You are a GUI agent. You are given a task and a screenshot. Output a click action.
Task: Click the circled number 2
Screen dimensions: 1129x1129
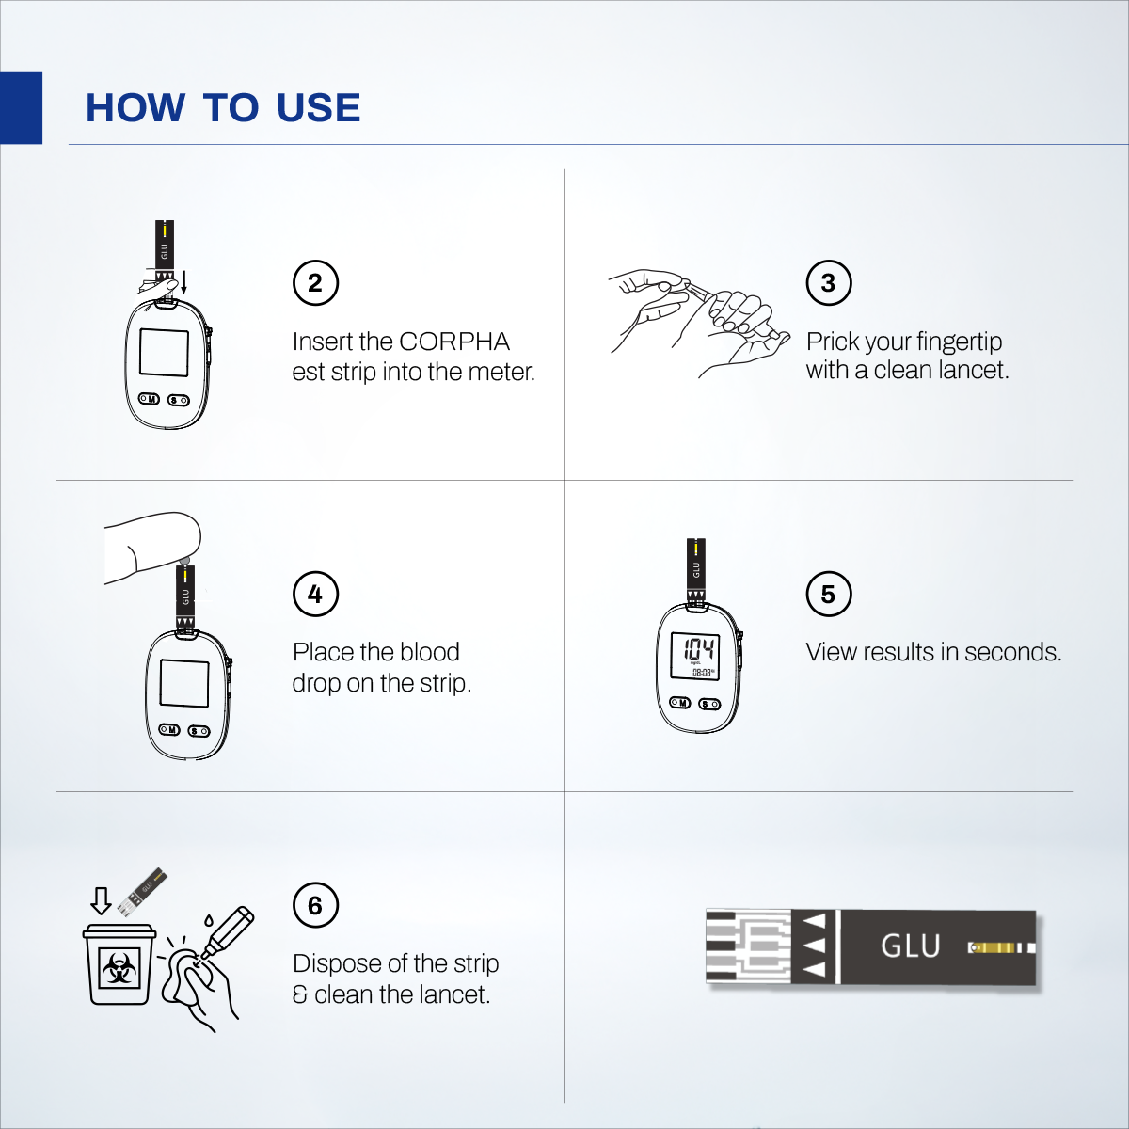click(x=315, y=282)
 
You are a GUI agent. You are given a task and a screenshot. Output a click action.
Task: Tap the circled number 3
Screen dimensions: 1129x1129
click(x=828, y=282)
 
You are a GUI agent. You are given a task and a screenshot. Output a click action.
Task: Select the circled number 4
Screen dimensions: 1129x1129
click(x=315, y=594)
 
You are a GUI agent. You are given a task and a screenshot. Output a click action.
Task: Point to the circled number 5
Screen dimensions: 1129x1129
click(x=828, y=594)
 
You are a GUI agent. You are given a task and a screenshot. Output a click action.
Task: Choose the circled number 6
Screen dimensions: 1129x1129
click(x=315, y=905)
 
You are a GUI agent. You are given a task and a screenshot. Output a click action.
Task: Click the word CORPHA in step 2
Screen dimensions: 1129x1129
click(x=454, y=342)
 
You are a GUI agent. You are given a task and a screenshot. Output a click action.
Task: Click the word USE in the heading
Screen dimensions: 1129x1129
click(x=318, y=108)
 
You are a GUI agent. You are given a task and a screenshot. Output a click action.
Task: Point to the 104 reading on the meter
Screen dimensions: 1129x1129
click(x=698, y=648)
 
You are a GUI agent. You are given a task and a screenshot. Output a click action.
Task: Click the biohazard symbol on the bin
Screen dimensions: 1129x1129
click(x=119, y=967)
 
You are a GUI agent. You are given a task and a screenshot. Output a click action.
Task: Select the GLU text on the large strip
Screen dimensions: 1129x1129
click(x=910, y=946)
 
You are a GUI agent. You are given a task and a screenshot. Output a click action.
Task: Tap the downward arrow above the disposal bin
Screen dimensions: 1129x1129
click(x=101, y=900)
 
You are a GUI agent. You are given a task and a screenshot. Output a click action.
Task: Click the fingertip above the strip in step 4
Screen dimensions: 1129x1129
click(x=179, y=536)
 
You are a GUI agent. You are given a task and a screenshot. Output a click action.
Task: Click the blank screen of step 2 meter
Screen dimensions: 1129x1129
click(x=164, y=352)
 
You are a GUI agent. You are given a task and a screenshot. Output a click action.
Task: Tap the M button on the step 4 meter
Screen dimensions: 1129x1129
click(x=169, y=730)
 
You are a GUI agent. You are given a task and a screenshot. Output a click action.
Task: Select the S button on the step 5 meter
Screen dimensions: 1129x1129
click(x=709, y=704)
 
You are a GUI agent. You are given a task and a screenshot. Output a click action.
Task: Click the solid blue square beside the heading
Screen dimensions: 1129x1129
click(x=21, y=107)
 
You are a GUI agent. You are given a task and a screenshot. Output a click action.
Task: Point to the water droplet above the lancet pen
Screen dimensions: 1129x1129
click(x=208, y=919)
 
